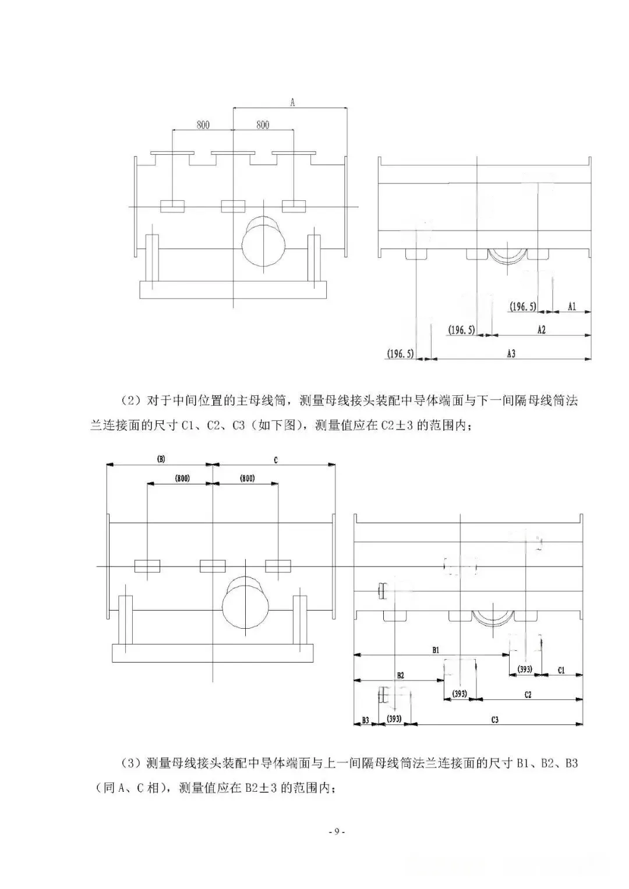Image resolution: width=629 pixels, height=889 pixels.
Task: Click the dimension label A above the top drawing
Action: pos(293,102)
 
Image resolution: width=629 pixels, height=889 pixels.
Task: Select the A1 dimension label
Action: pos(572,306)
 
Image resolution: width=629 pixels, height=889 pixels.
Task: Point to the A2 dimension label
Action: pos(541,330)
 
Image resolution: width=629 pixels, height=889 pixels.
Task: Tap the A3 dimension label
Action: pos(511,353)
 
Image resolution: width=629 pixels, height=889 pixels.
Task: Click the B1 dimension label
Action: pos(436,649)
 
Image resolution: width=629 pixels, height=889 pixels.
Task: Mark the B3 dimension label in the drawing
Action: pos(365,720)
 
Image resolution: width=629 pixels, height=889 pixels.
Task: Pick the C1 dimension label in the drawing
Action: pos(561,670)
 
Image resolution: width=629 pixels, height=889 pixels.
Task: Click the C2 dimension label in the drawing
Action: pos(528,695)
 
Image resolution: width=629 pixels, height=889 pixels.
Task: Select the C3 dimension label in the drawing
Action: pos(494,720)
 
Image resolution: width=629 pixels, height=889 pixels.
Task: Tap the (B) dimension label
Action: pos(161,459)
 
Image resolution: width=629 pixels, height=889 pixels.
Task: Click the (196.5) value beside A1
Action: pos(523,306)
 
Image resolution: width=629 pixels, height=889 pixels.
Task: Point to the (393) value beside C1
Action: pos(525,670)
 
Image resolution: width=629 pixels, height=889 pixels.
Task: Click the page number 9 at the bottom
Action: pos(336,831)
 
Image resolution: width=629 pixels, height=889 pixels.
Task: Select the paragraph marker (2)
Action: pos(129,401)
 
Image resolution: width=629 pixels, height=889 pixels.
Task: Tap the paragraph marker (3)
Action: pos(129,763)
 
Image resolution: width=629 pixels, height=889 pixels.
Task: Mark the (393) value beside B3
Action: pos(395,720)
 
